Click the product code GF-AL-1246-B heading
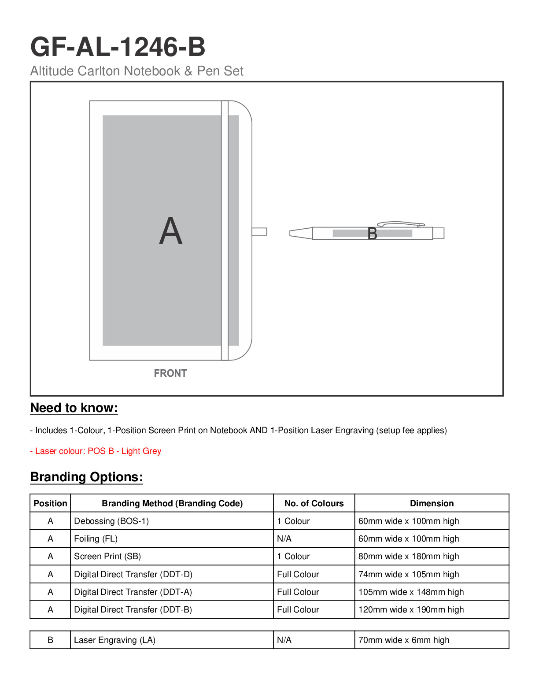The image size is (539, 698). (x=118, y=47)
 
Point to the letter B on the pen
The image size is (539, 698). (x=372, y=234)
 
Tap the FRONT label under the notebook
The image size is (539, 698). (x=170, y=373)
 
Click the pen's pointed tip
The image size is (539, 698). (x=290, y=234)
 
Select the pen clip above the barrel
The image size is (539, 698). (x=401, y=224)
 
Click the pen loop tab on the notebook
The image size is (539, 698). (x=259, y=231)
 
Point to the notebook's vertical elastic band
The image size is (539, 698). (x=225, y=230)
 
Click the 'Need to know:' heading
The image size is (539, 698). (x=74, y=408)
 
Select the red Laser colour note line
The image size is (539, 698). (x=96, y=451)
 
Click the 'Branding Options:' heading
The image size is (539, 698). (x=86, y=477)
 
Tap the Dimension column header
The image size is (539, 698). (x=432, y=503)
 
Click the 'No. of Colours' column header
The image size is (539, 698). (x=314, y=503)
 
